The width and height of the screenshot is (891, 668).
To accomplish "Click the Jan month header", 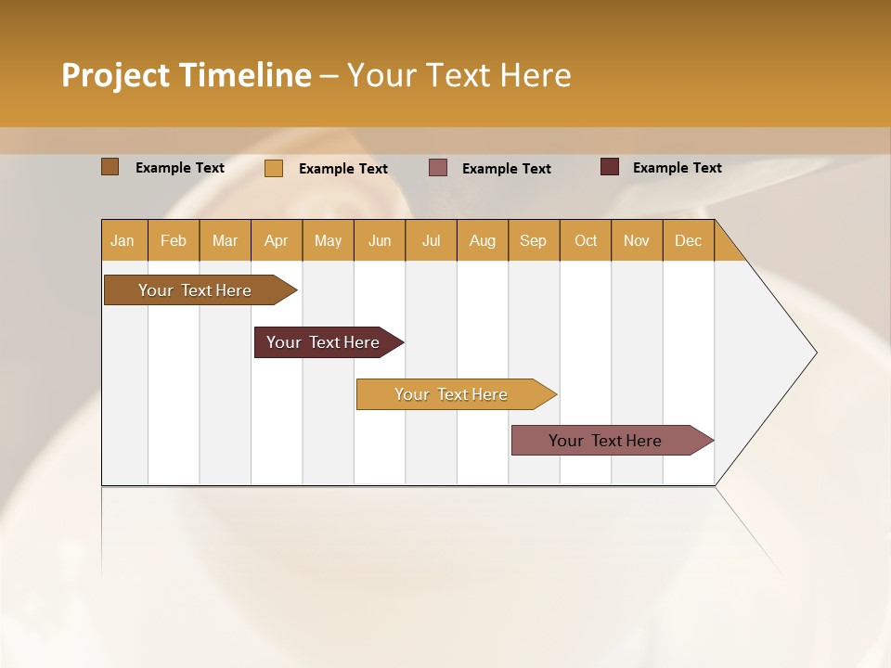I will click(123, 240).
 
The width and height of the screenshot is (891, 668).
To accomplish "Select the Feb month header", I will click(174, 240).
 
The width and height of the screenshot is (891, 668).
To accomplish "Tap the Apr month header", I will click(277, 240).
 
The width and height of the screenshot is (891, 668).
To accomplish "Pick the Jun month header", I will click(380, 240).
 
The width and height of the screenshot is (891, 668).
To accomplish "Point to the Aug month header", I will click(483, 240).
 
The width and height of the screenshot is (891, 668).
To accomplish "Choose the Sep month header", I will click(534, 240).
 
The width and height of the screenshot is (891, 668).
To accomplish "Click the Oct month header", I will click(586, 240).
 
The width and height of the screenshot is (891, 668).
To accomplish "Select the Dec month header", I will click(689, 240).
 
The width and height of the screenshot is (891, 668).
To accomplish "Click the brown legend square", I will click(110, 167).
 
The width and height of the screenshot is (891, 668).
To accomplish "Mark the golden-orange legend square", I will click(274, 168).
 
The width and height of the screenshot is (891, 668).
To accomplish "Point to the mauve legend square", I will click(438, 168).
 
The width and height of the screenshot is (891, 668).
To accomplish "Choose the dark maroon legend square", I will click(610, 167).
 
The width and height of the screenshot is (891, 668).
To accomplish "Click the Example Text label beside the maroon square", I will click(677, 168).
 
